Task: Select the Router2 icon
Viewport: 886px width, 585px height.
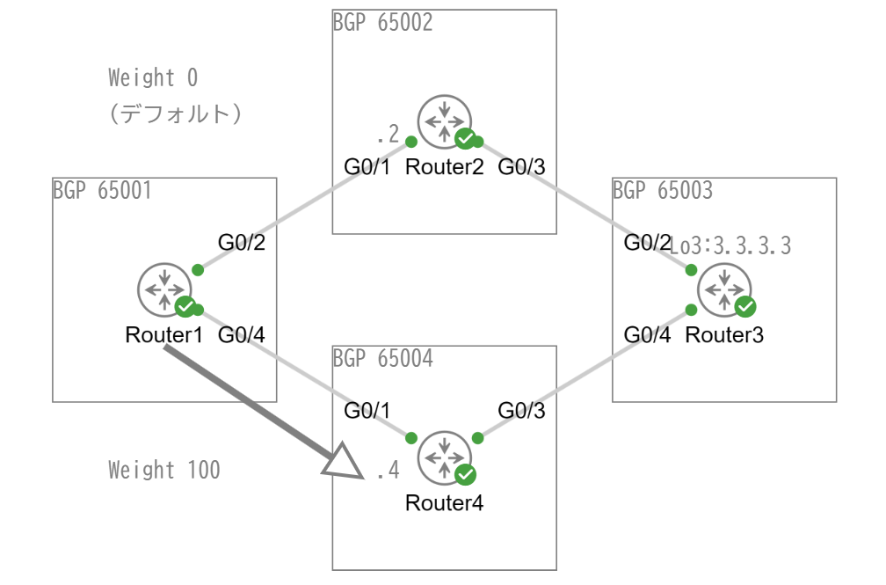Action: [x=444, y=122]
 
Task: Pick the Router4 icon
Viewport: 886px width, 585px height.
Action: [x=444, y=457]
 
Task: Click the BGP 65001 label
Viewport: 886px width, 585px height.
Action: [x=102, y=190]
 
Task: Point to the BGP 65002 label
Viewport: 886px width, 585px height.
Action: [x=382, y=22]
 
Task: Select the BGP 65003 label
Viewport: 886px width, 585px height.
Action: [x=662, y=190]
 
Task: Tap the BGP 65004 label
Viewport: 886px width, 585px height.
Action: [x=382, y=358]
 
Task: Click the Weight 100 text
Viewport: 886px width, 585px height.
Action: [x=164, y=470]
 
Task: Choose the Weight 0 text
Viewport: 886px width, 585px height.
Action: [x=153, y=78]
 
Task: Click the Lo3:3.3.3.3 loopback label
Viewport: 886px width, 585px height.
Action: [x=731, y=246]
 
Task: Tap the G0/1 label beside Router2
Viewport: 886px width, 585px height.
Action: [x=367, y=166]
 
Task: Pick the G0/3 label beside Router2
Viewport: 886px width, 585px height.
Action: [x=522, y=166]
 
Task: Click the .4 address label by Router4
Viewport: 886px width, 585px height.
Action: [x=388, y=472]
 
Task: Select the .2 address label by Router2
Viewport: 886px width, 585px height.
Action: [x=388, y=135]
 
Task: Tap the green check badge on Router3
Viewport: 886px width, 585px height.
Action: [x=745, y=306]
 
